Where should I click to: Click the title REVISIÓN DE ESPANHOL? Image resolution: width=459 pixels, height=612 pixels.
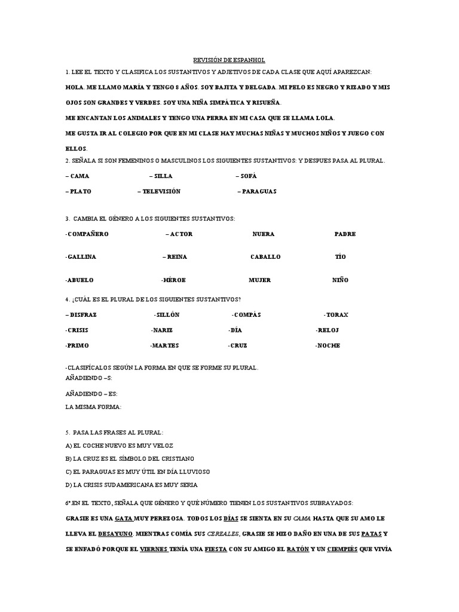click(229, 60)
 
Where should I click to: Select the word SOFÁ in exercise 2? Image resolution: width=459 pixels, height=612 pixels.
click(248, 176)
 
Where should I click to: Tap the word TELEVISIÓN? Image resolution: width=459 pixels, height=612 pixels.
click(161, 191)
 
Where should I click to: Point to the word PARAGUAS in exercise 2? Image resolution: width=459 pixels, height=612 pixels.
click(259, 191)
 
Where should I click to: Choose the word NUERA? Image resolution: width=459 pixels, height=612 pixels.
click(264, 234)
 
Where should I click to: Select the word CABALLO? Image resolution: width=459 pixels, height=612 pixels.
click(265, 256)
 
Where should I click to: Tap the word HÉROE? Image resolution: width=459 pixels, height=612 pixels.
click(173, 280)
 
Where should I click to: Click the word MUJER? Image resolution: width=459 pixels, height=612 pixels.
click(260, 280)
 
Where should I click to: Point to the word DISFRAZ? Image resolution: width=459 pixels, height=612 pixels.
click(82, 314)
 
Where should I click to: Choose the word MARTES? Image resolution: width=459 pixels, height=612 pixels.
click(165, 345)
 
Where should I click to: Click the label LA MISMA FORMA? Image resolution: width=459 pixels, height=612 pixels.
click(93, 406)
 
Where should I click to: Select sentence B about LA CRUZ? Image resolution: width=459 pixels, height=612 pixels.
click(130, 458)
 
